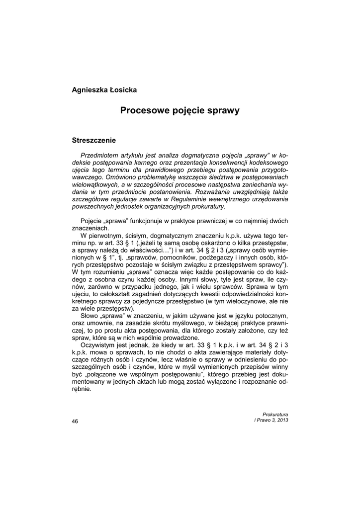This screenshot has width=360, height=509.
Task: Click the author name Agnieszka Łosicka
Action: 104,90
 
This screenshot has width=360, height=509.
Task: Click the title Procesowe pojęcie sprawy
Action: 180,110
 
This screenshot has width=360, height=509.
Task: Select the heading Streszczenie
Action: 94,141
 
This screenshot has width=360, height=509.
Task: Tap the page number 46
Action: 75,421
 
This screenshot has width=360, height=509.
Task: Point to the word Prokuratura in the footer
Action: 275,414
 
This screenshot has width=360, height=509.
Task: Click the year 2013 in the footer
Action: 281,420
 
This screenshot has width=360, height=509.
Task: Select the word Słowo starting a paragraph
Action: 90,315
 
